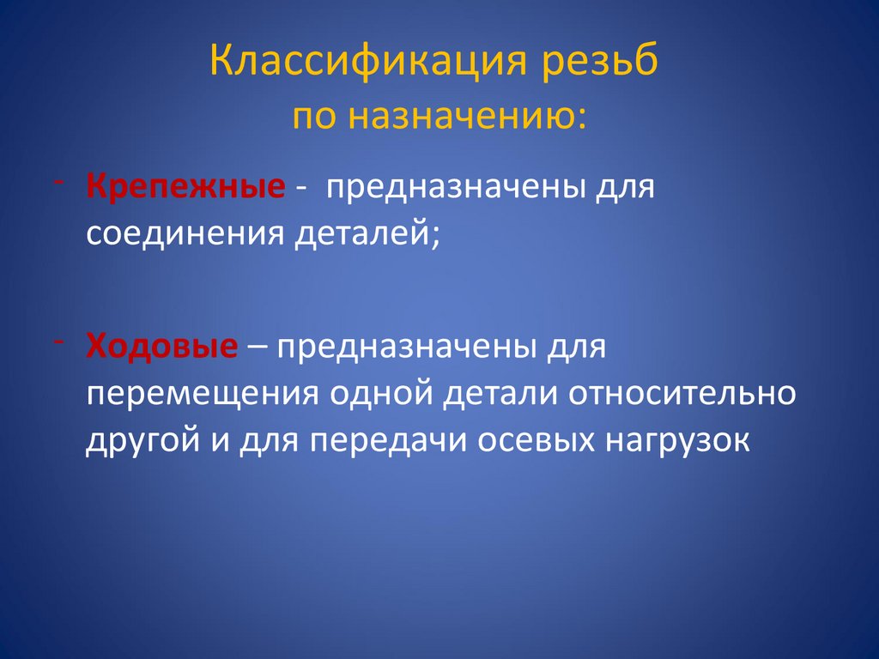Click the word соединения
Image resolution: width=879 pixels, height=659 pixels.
pyautogui.click(x=185, y=233)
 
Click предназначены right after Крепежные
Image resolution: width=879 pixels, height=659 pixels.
pyautogui.click(x=450, y=187)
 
